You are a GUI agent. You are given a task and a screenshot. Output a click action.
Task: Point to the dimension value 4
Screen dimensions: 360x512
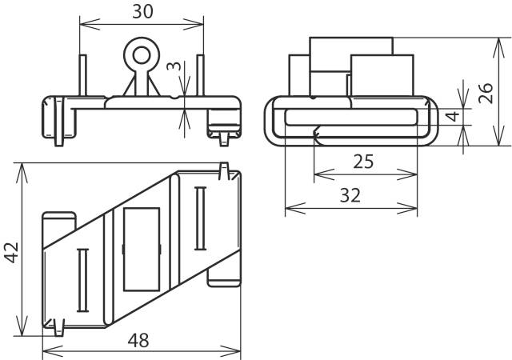coord(452,117)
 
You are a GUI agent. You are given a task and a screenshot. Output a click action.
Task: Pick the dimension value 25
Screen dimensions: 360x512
coord(363,162)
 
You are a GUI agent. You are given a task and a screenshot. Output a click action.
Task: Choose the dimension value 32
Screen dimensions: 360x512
coord(350,195)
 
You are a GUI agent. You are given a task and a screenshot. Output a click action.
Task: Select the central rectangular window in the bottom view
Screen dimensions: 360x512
coord(141,248)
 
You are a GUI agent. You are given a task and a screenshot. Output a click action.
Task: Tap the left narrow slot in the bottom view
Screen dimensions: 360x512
coord(80,279)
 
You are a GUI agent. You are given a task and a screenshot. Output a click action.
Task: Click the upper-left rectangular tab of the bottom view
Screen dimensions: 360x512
coord(58,221)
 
